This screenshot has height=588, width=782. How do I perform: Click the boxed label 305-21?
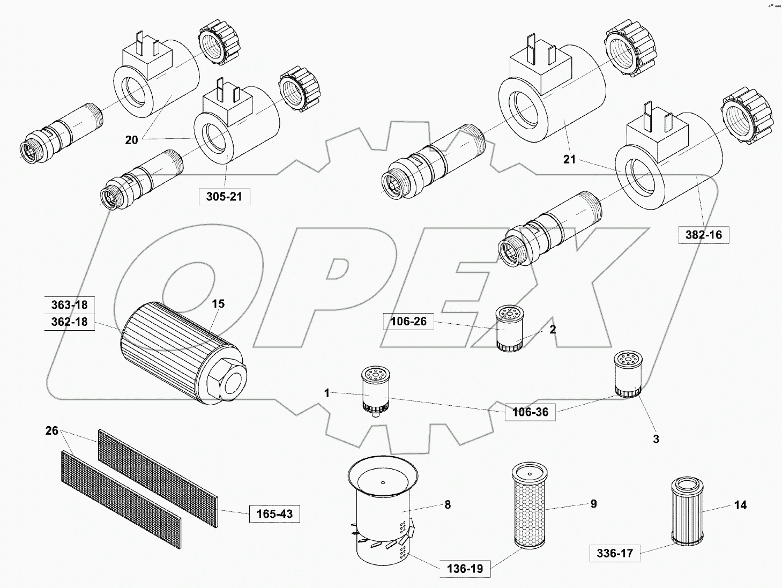pyautogui.click(x=224, y=197)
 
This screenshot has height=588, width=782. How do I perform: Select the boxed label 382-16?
pyautogui.click(x=703, y=234)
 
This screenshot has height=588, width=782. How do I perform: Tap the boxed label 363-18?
pyautogui.click(x=69, y=305)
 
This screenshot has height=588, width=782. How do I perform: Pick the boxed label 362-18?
pyautogui.click(x=69, y=322)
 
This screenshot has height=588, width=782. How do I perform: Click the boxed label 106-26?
pyautogui.click(x=408, y=322)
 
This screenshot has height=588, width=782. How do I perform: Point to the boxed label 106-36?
pyautogui.click(x=530, y=413)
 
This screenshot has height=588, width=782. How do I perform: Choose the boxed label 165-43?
pyautogui.click(x=274, y=514)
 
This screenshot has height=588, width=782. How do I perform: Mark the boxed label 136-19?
pyautogui.click(x=465, y=569)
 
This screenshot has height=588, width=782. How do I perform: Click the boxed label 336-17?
pyautogui.click(x=615, y=553)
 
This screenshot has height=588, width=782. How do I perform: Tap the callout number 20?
pyautogui.click(x=131, y=140)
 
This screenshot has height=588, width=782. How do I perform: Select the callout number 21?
pyautogui.click(x=569, y=159)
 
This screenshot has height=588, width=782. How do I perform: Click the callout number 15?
pyautogui.click(x=218, y=304)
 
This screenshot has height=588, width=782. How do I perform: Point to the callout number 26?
pyautogui.click(x=51, y=430)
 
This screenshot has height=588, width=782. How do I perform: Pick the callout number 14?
pyautogui.click(x=740, y=505)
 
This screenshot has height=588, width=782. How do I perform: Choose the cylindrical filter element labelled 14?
pyautogui.click(x=686, y=511)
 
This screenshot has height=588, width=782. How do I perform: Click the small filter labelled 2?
pyautogui.click(x=510, y=328)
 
